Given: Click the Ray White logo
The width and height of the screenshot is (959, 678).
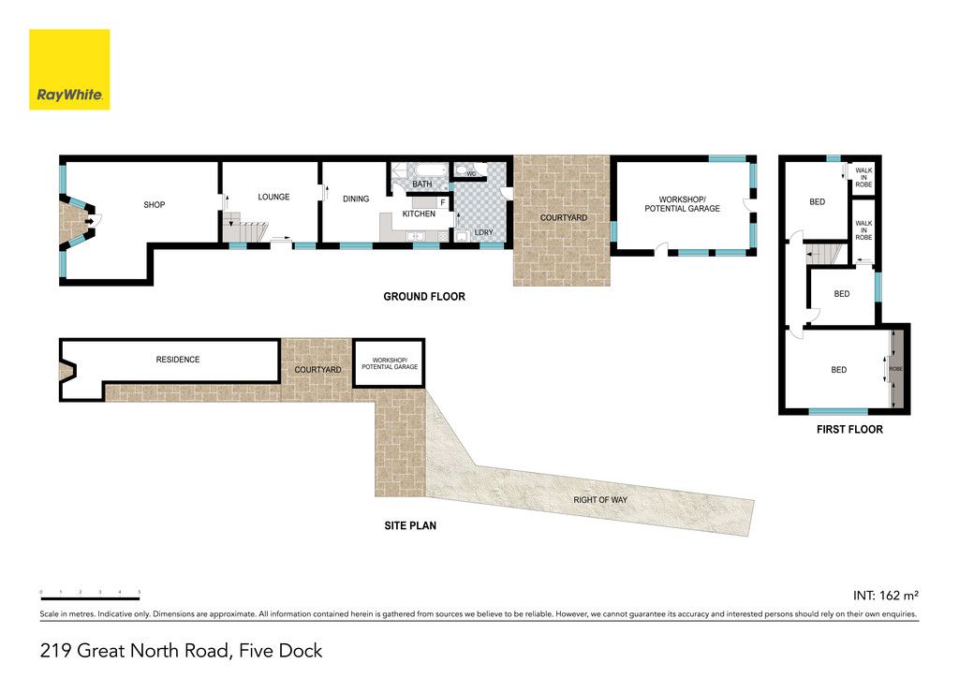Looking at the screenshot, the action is tap(69, 69).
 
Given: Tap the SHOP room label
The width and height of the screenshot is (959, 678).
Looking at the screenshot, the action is tap(155, 205).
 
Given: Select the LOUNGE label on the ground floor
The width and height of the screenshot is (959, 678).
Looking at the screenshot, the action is tap(273, 197).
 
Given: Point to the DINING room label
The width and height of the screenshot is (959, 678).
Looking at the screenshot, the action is tap(356, 199).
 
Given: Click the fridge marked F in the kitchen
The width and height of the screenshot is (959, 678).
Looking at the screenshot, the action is tap(443, 202).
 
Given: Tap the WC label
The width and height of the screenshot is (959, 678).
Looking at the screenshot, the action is tap(471, 173).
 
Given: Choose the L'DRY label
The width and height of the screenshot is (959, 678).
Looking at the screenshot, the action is tap(484, 232).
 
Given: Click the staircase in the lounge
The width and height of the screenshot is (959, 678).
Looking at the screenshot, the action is tap(245, 231).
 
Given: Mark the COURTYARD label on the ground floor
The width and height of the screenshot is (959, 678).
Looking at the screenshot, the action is tap(563, 217).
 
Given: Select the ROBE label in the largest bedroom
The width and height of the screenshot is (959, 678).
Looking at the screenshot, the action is tap(895, 369).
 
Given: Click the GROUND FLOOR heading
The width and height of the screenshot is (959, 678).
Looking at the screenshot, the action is tap(424, 297).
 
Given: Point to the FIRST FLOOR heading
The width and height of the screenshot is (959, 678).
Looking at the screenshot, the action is tap(849, 429).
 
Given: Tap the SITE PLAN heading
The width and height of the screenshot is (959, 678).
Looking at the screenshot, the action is tap(410, 525).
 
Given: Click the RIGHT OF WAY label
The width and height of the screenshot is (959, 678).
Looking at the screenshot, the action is tap(600, 500).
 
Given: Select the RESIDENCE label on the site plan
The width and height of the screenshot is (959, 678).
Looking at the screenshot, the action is tap(178, 360).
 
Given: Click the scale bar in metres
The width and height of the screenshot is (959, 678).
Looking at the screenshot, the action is tap(91, 598).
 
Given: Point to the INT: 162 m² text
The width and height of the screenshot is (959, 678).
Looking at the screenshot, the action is tap(886, 596).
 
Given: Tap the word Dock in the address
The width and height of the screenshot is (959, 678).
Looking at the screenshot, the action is tap(301, 651).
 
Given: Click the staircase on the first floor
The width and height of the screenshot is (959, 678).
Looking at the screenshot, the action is tap(824, 254).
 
